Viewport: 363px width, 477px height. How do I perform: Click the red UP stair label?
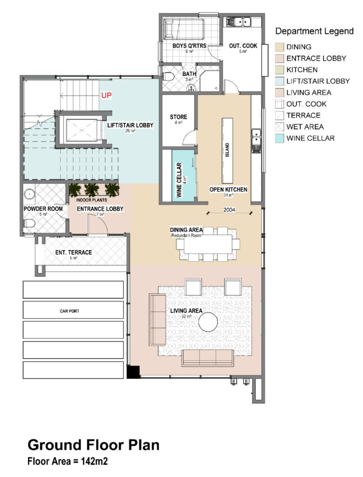coord(107,95)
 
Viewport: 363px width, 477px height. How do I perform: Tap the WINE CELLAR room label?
coord(179,180)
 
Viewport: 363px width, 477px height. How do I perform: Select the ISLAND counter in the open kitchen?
coord(227,150)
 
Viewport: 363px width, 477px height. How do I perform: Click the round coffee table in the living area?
coord(208,321)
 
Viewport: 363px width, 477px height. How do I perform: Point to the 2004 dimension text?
coord(229,210)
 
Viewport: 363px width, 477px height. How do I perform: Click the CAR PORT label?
coord(69,311)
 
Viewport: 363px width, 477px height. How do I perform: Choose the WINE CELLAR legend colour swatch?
coord(279,138)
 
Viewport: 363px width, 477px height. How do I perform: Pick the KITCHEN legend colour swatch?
coord(279,70)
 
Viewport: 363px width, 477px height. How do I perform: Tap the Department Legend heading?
coord(314,31)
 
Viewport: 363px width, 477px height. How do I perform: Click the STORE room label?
coord(178,117)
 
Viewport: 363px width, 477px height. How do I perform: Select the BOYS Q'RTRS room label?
coord(189,46)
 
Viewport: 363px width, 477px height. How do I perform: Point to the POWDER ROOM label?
coord(43,209)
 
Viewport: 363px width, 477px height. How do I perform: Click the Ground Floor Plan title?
coord(94,445)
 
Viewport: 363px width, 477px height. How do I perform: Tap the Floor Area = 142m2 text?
coord(67,461)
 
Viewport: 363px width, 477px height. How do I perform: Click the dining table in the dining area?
coord(208,244)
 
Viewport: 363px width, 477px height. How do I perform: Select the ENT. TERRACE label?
coord(74,252)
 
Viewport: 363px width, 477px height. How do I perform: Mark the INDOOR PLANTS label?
coord(92,200)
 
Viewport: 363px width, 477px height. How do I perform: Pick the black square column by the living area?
coord(133,372)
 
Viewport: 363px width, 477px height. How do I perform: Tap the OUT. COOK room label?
coord(243,46)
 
